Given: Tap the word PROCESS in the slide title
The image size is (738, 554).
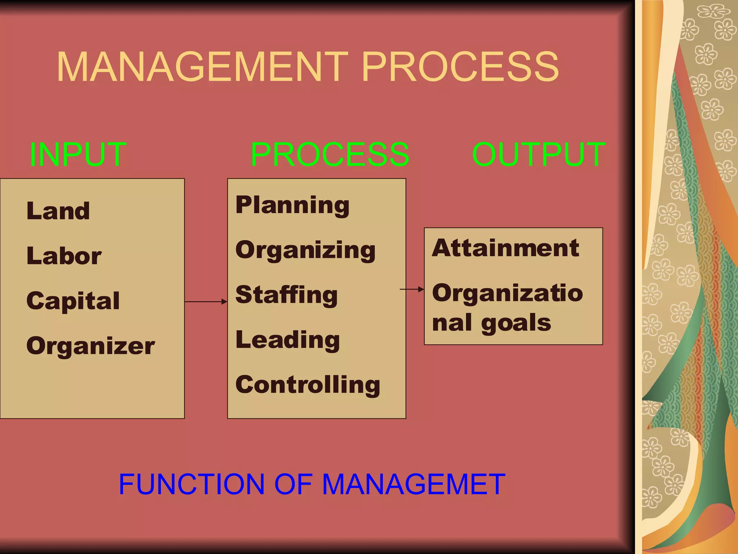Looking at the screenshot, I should (460, 67).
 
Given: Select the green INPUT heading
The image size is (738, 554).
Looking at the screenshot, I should (78, 154).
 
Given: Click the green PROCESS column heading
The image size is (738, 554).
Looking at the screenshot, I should (330, 154).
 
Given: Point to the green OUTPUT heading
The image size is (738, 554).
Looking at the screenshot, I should (539, 154).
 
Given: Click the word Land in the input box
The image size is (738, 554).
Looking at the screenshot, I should (58, 211).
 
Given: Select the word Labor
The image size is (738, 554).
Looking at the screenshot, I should (64, 256).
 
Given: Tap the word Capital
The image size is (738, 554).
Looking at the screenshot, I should (73, 301).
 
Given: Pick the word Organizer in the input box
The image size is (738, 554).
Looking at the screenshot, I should (90, 346).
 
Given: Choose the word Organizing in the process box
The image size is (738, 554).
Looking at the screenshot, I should (305, 250).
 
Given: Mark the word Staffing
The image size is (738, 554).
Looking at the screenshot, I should (286, 295).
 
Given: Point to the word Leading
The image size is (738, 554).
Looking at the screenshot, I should (288, 340).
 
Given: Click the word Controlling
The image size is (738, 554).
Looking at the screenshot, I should (308, 384).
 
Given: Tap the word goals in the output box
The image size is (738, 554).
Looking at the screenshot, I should (516, 323).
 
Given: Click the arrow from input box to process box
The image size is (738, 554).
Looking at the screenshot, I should (206, 302).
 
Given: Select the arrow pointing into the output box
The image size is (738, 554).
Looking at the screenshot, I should (412, 289).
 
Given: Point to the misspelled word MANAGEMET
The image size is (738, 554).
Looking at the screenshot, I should (414, 484).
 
